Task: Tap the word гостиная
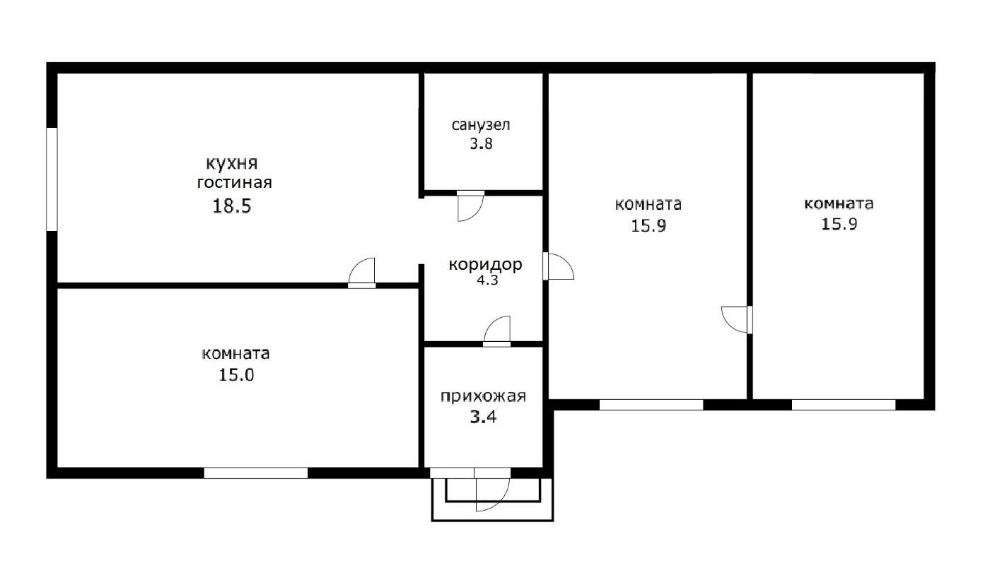pos(235,183)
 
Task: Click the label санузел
pos(481,126)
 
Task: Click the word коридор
pos(486,265)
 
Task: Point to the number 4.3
pos(486,280)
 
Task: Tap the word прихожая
pos(484,396)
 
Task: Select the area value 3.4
pos(484,417)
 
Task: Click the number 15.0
pos(236,375)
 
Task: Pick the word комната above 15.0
pos(235,353)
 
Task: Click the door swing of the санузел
pos(468,206)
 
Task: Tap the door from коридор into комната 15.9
pos(558,266)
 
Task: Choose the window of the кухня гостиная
pos(52,179)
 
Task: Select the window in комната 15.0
pos(256,473)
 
